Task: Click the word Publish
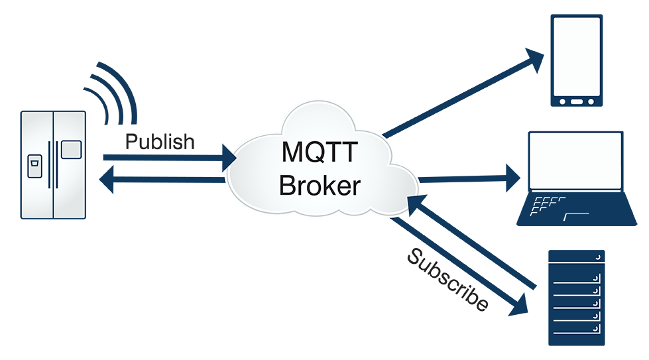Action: [160, 142]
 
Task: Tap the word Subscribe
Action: [447, 280]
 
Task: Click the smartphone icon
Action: [576, 60]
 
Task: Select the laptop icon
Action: [575, 179]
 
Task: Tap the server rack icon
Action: [576, 298]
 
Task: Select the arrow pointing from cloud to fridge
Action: [166, 179]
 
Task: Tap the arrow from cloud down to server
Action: [457, 265]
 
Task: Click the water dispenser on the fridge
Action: [34, 166]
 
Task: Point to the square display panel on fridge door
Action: [71, 150]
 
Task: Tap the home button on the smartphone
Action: [576, 101]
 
